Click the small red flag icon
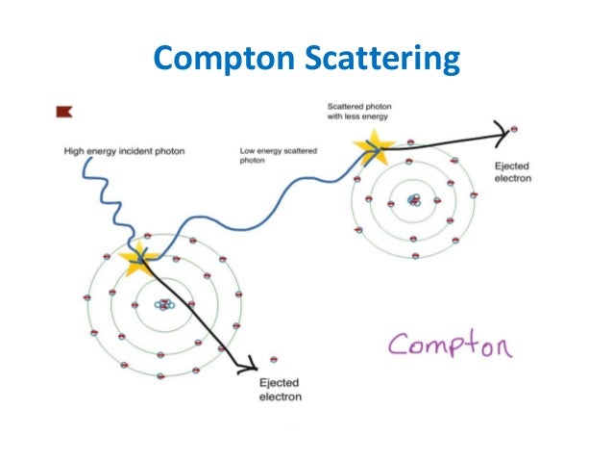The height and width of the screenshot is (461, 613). pos(64,113)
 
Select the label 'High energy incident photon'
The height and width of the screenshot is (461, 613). pos(124,151)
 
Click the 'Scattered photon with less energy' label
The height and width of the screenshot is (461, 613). pos(361,110)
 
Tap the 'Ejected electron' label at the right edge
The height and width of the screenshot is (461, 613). pos(512,172)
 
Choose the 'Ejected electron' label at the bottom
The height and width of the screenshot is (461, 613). pos(281,390)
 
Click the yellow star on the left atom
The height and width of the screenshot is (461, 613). pos(140,257)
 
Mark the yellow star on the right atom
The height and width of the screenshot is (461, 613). pos(372,146)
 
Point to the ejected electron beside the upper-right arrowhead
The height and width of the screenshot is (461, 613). pos(516,130)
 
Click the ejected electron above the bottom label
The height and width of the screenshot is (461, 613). pos(275,358)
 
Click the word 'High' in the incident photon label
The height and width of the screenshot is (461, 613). pos(73,151)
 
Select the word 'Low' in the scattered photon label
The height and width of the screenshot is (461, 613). pos(247,151)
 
